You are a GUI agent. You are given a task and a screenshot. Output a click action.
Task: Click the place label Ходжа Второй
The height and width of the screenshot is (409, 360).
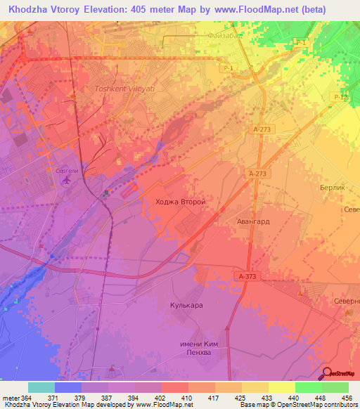pyautogui.click(x=179, y=202)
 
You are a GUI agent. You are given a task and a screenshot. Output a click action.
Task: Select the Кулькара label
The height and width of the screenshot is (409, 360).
pyautogui.click(x=186, y=306)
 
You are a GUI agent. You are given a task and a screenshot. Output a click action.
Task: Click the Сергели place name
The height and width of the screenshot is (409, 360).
pyautogui.click(x=67, y=171)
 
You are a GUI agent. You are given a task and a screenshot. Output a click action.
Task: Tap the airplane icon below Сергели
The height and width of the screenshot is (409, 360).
pyautogui.click(x=67, y=181)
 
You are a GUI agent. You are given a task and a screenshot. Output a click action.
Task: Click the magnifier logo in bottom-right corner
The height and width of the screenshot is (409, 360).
pyautogui.click(x=327, y=373)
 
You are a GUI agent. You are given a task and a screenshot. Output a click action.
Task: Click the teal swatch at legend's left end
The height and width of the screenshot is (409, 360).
pyautogui.click(x=41, y=387)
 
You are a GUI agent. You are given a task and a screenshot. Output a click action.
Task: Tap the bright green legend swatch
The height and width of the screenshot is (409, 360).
pyautogui.click(x=309, y=387)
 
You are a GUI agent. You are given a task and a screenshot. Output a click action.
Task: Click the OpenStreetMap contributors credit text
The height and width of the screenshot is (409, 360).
pyautogui.click(x=309, y=405)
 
